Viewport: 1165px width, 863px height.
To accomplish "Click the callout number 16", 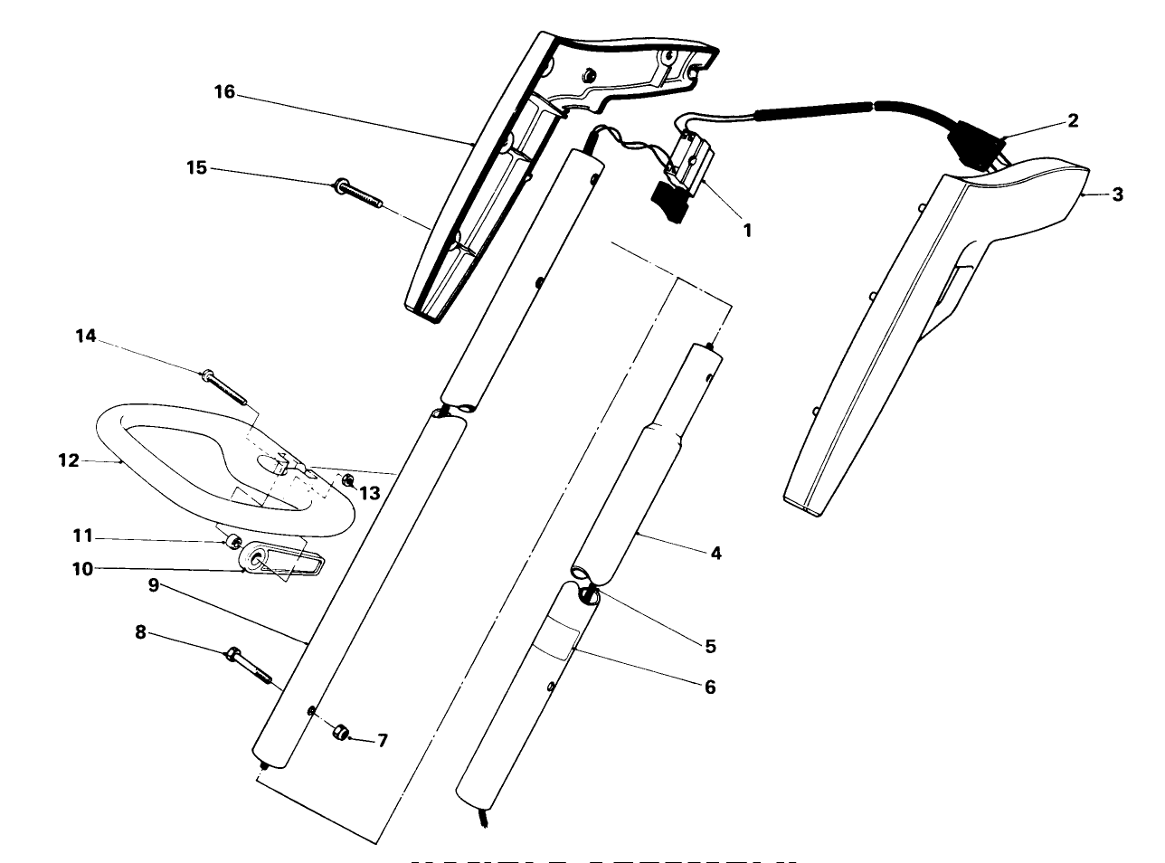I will point(223,92).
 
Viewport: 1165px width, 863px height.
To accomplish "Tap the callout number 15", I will point(196,167).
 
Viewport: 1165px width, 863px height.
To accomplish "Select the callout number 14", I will point(85,337).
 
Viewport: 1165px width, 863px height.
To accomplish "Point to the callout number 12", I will point(69,460).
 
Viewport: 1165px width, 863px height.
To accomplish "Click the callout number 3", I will point(1118,194).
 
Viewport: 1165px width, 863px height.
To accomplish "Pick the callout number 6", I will point(709,688).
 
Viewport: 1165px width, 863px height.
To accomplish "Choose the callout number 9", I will point(154,585).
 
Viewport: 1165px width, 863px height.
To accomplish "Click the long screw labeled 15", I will point(360,192).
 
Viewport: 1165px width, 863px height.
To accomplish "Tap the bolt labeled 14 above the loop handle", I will point(224,384).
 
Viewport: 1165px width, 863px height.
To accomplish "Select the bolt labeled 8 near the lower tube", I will point(248,666).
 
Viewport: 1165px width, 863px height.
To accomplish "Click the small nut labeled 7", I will point(342,732).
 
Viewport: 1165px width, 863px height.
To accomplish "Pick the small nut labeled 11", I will point(232,542).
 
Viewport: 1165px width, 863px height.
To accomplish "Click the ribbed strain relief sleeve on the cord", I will point(814,110).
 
